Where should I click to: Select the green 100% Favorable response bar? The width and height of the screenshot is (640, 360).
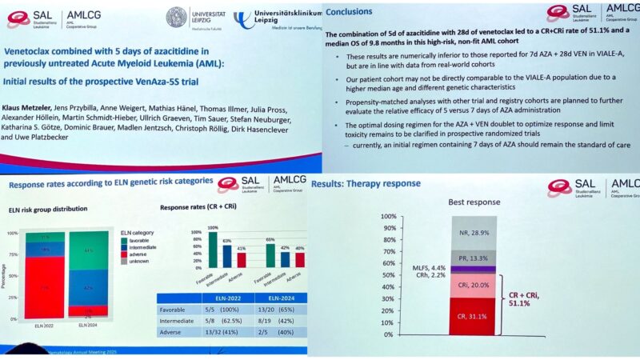[x=213, y=249]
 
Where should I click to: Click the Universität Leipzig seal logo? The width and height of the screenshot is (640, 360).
[x=177, y=18]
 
